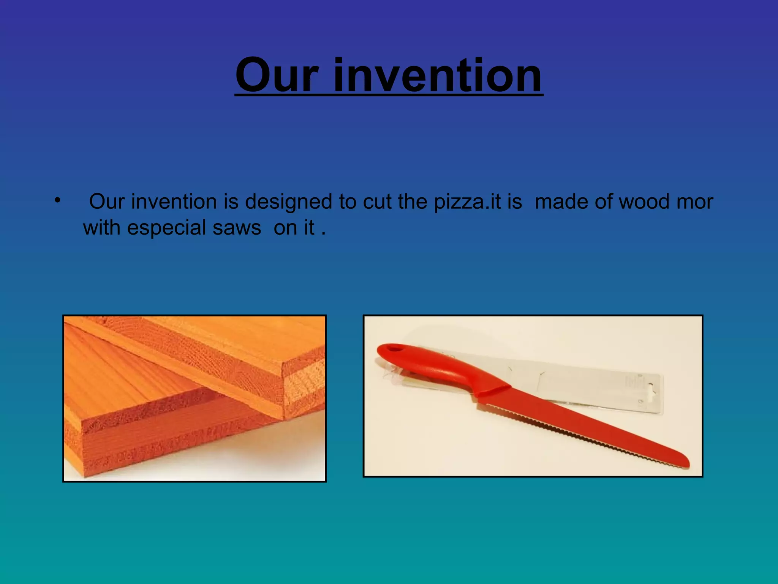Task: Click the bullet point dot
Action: [x=57, y=200]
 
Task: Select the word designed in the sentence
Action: [x=288, y=202]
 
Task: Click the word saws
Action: [x=237, y=228]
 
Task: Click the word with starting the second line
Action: [x=101, y=228]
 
